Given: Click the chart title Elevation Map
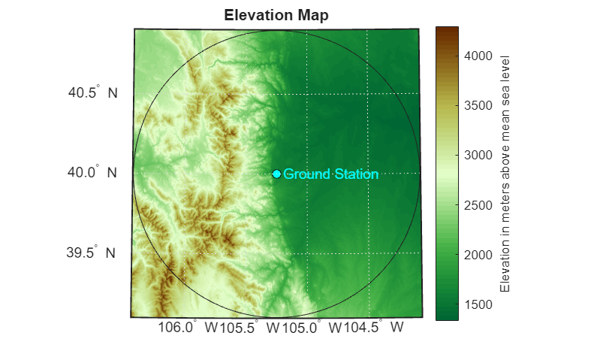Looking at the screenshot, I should pos(276,15).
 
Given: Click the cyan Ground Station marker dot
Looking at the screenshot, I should pos(276,174).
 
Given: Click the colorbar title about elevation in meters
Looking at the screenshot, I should pos(505,174).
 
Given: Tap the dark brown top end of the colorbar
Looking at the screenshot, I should pos(447,29).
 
